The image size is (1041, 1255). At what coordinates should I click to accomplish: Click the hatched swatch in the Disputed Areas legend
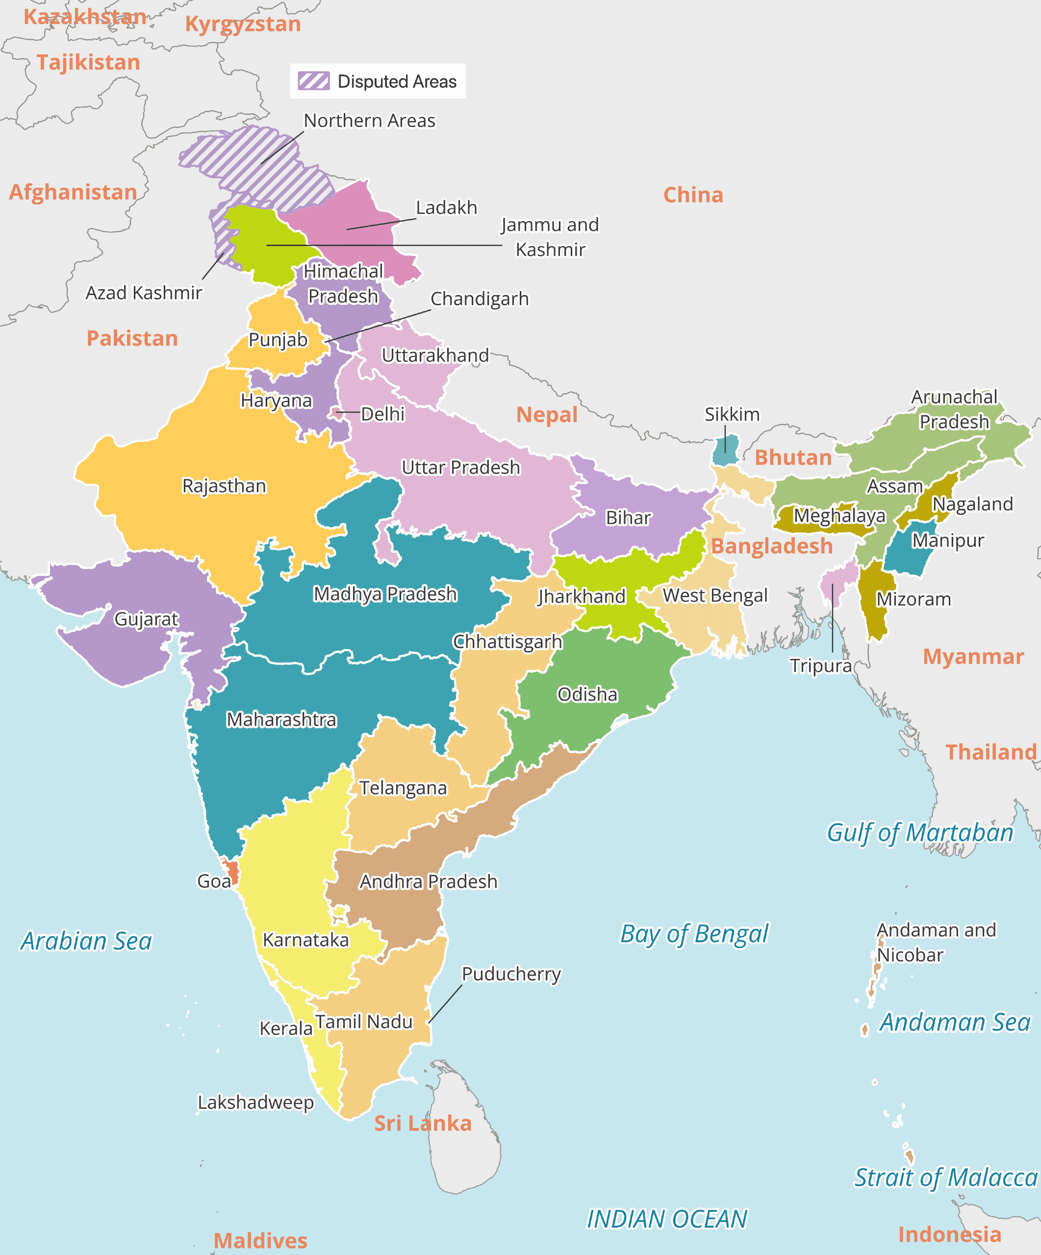pos(314,81)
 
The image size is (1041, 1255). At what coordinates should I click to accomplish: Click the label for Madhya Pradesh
pos(385,594)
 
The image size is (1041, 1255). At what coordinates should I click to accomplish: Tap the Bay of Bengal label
pos(694,934)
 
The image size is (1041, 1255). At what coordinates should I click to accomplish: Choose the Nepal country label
pos(547,415)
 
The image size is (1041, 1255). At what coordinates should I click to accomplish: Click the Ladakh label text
pos(446,207)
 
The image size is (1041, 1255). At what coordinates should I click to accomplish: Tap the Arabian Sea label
pos(87,941)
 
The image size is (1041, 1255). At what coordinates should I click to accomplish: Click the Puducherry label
pos(511,974)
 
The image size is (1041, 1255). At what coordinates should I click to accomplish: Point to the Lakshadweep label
pos(256,1103)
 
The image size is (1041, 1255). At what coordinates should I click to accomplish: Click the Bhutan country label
pos(793,458)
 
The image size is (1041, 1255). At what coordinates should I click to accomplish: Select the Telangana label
pos(403,788)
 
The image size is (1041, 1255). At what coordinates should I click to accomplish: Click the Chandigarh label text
pos(479,299)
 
